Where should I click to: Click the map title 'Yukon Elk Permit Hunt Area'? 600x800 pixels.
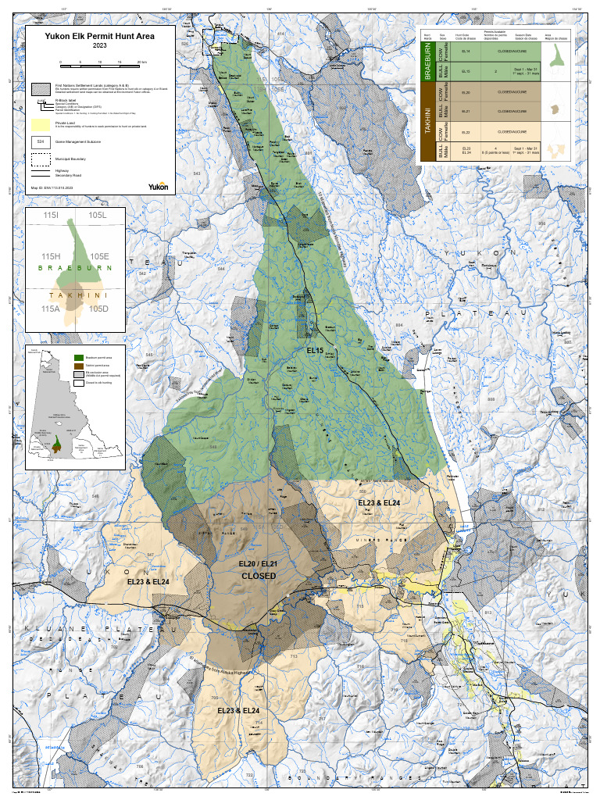pyautogui.click(x=99, y=35)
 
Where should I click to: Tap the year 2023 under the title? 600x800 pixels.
pyautogui.click(x=99, y=45)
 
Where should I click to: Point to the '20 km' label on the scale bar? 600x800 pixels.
pyautogui.click(x=141, y=61)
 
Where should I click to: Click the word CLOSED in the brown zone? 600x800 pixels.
pyautogui.click(x=258, y=576)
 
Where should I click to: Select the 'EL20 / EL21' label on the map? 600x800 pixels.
pyautogui.click(x=258, y=562)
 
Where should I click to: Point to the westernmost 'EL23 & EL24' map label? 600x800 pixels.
pyautogui.click(x=148, y=581)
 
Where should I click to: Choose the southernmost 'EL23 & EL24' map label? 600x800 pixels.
pyautogui.click(x=238, y=710)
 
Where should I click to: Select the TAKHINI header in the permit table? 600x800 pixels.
pyautogui.click(x=427, y=125)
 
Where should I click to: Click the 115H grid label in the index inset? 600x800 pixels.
pyautogui.click(x=51, y=257)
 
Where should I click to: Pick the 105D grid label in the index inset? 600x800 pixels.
pyautogui.click(x=98, y=309)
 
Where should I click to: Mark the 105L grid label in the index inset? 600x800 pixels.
pyautogui.click(x=98, y=215)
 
